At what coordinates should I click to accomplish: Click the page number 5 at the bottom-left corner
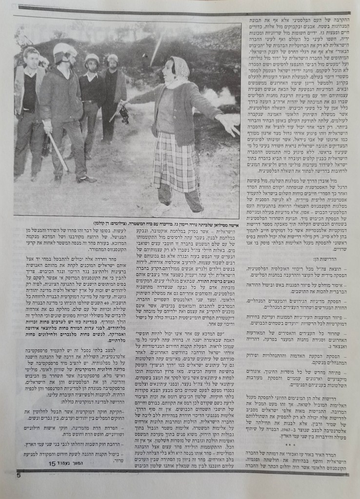(19, 475)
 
